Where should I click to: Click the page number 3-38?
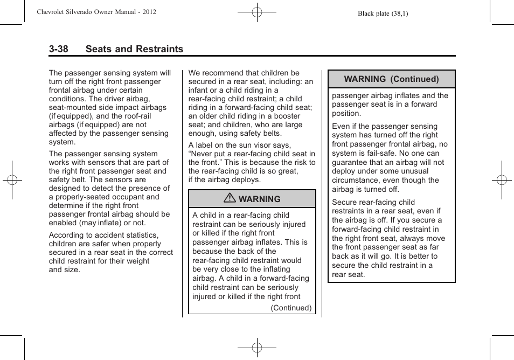(58, 49)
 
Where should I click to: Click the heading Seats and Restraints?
(134, 49)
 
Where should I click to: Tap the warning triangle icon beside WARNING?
(231, 199)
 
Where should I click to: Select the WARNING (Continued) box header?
(391, 79)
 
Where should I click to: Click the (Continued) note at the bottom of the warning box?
(291, 308)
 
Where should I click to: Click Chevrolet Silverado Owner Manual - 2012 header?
(96, 11)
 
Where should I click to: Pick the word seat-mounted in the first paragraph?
(72, 107)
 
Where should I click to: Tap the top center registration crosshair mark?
(257, 11)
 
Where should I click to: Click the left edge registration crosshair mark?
(11, 180)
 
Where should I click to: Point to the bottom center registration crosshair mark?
(257, 348)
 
